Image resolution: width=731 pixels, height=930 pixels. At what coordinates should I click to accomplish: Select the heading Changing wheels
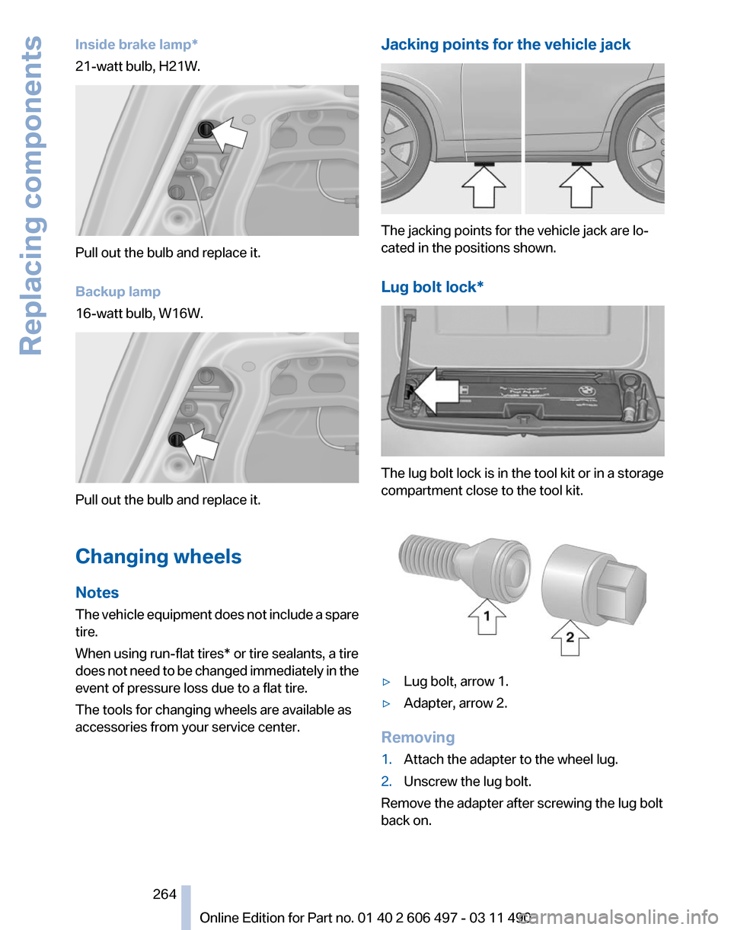158,556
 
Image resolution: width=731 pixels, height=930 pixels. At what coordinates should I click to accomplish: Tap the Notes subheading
97,592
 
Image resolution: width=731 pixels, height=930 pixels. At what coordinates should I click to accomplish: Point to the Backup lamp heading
118,291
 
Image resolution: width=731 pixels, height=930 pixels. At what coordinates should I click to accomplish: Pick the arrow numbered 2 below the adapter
568,638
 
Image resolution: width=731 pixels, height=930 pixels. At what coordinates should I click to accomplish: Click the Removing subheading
418,737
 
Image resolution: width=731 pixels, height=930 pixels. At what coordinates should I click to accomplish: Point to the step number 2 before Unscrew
386,782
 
